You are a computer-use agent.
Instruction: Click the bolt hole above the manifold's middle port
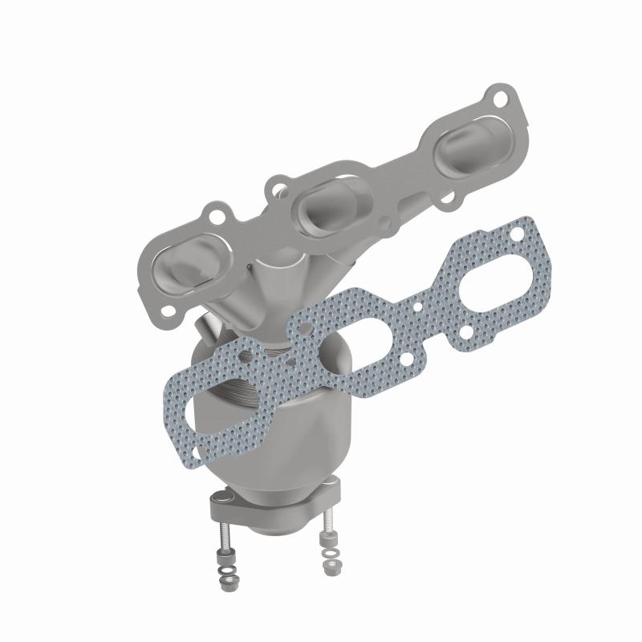coord(278,189)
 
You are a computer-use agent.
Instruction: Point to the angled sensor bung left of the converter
coord(207,329)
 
